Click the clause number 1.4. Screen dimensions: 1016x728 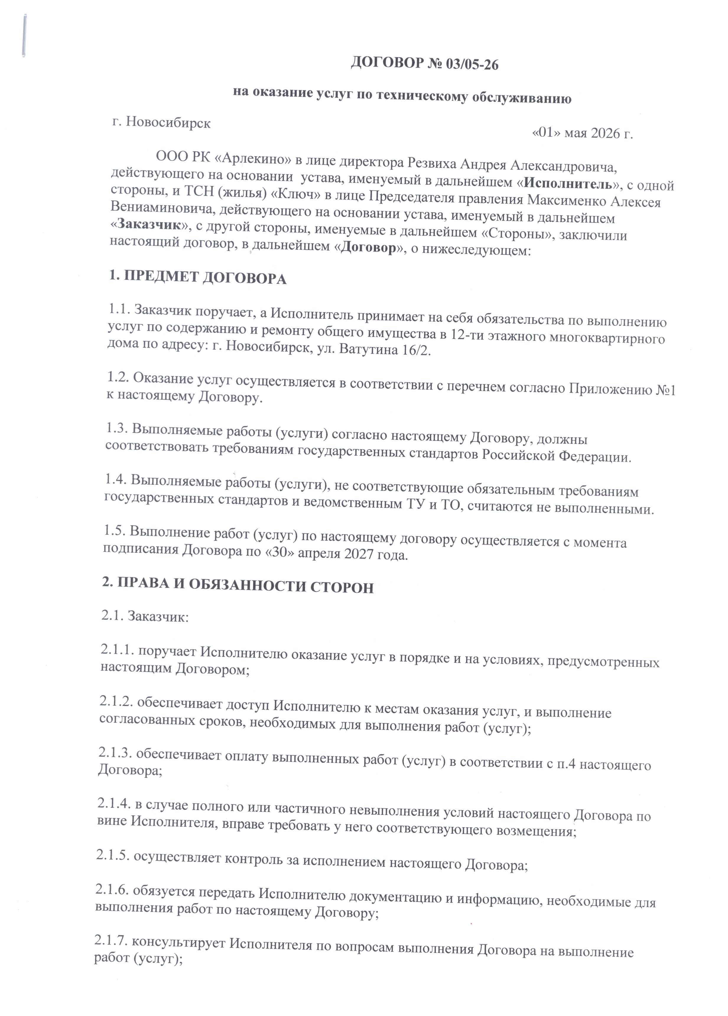click(116, 480)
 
